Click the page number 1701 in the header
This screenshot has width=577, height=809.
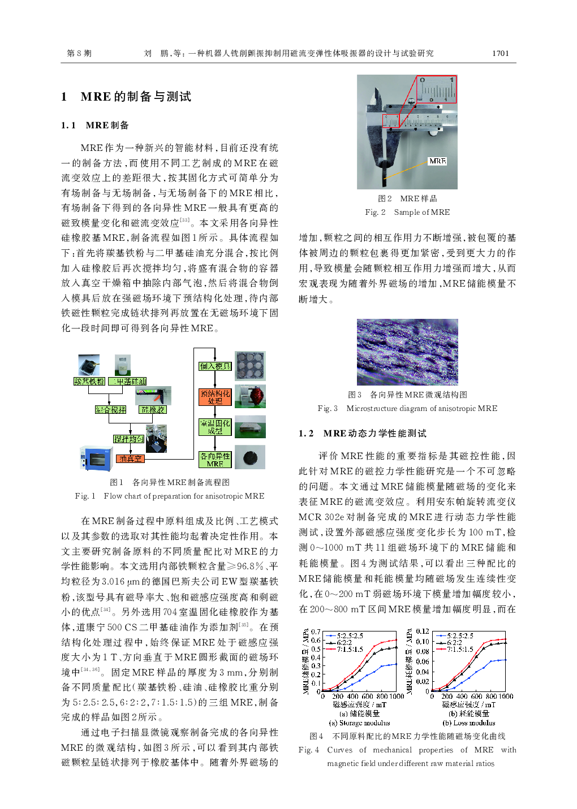[x=500, y=53]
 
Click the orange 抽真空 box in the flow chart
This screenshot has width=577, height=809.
[x=130, y=458]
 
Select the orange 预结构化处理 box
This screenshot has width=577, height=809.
[x=215, y=397]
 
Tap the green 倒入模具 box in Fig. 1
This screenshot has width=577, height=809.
[x=215, y=366]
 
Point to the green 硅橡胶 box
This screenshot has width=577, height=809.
[x=153, y=409]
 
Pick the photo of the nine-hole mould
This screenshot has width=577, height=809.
[x=250, y=366]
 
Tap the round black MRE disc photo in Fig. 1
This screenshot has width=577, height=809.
[x=249, y=457]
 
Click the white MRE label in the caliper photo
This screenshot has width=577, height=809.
[x=437, y=161]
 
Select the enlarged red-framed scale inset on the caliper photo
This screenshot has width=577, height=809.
[x=436, y=89]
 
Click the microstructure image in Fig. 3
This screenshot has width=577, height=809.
[x=407, y=352]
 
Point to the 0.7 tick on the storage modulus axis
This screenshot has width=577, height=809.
[x=316, y=631]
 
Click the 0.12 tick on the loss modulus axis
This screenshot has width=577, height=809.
[x=422, y=631]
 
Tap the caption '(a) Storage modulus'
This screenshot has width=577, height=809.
[x=359, y=723]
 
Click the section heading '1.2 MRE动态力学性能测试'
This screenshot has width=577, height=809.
[x=362, y=433]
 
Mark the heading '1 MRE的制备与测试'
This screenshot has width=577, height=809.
[x=126, y=97]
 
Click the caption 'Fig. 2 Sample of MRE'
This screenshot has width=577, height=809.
[x=407, y=212]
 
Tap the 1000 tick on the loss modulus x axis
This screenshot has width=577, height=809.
[x=506, y=696]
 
